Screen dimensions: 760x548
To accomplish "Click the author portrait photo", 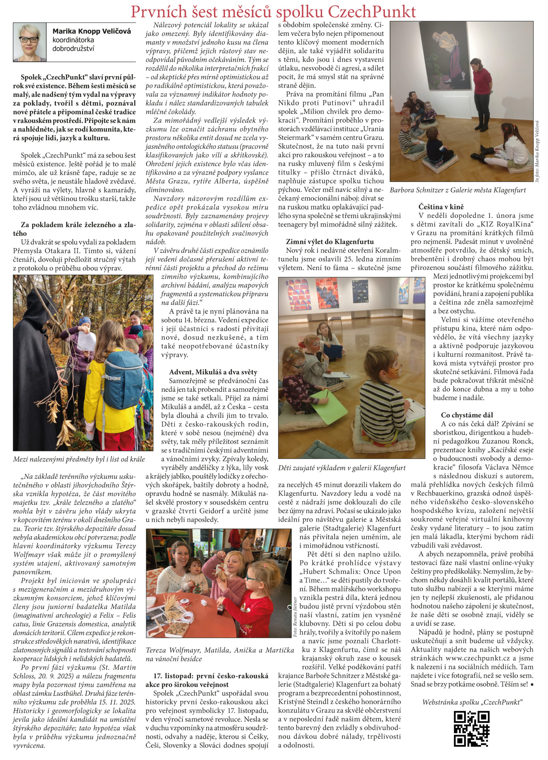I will pos(29,42).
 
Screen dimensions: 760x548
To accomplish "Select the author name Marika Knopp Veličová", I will pos(91,31).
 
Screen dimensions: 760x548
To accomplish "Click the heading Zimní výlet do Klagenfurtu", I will pos(330,242).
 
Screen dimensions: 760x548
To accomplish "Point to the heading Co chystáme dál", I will pos(467,415).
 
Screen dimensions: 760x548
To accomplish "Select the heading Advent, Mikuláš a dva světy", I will pos(213,372).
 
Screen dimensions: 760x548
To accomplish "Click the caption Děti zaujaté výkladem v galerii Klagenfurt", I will pos(341,468).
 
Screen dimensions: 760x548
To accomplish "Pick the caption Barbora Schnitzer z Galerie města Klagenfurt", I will pos(458,190).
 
